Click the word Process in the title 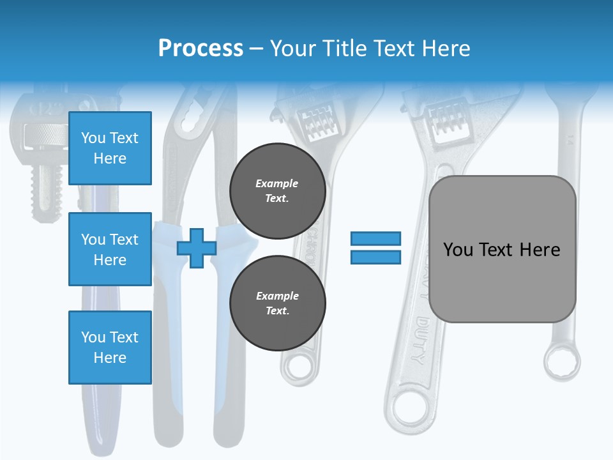[x=201, y=48]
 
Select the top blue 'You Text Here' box [x=110, y=148]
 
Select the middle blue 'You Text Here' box [x=110, y=249]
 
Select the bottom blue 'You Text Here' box [x=110, y=347]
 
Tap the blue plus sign [x=197, y=248]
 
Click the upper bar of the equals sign [x=376, y=238]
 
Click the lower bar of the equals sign [x=376, y=257]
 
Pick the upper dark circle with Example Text [x=277, y=190]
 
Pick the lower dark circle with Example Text [x=277, y=303]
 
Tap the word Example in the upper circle [x=277, y=183]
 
